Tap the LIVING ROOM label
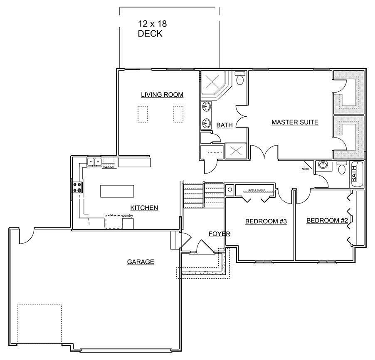[x=162, y=95]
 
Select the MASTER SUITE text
[x=295, y=122]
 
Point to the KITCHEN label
[x=144, y=208]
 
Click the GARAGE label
[x=141, y=262]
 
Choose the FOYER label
[x=219, y=234]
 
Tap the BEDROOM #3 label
[x=266, y=221]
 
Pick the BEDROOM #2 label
[x=327, y=220]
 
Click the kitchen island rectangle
[x=117, y=191]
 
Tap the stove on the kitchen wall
[x=78, y=187]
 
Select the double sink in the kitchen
[x=94, y=161]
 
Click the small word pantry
[x=127, y=216]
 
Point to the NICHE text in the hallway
[x=307, y=169]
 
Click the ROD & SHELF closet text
[x=256, y=190]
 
